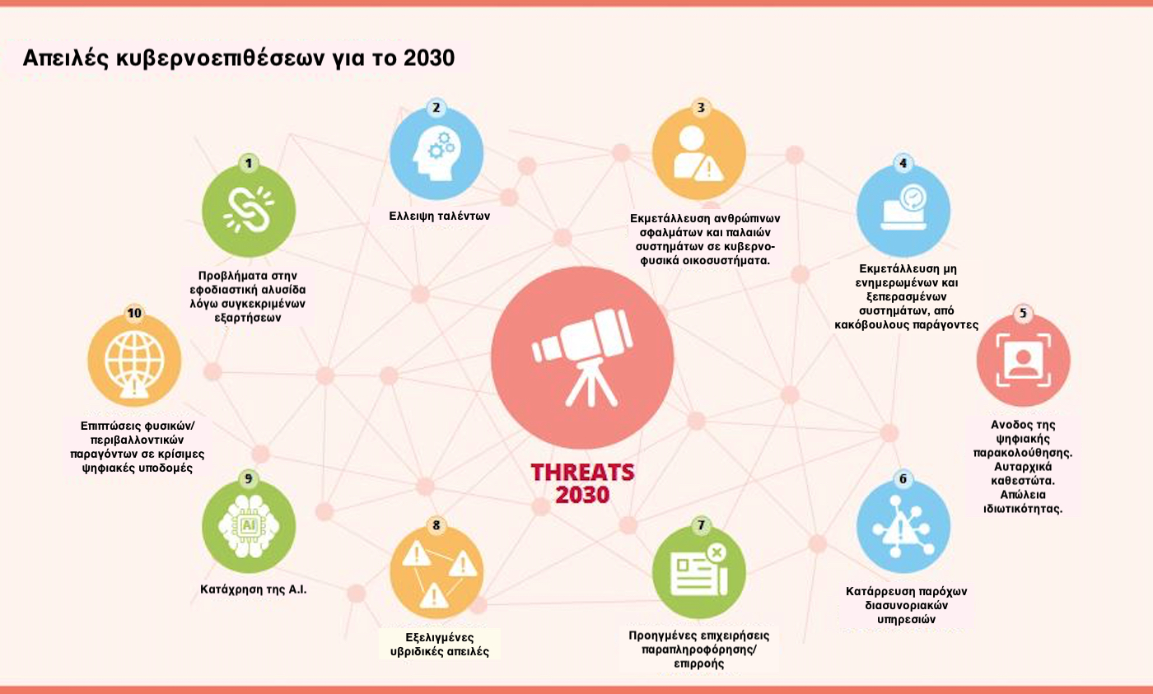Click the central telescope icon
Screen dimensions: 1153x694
583,357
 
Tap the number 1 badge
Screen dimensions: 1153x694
249,164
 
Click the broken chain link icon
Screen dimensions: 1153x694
249,209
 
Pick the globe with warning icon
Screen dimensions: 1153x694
134,364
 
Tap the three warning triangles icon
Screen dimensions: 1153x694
436,575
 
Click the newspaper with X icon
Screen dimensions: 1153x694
699,571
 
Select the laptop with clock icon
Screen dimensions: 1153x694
903,207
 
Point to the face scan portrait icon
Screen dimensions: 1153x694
1023,360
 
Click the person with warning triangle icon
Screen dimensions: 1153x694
698,153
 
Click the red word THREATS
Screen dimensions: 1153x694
583,473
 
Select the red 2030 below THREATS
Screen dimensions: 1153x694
583,495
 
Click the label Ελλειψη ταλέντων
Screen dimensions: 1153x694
440,216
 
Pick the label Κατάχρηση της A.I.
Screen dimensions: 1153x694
254,589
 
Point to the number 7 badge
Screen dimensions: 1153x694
701,525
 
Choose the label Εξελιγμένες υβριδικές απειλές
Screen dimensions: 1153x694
440,645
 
